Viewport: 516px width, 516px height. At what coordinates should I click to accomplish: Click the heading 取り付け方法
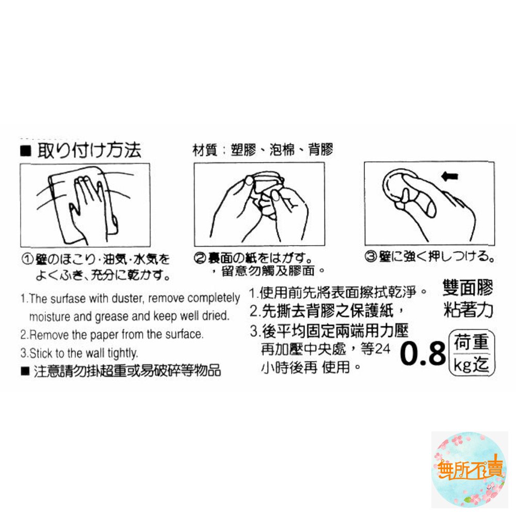tap(89, 151)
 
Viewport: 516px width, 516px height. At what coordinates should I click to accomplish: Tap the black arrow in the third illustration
tap(449, 176)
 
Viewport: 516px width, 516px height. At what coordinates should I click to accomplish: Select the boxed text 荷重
tap(472, 342)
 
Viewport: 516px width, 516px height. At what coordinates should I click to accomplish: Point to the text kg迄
tap(471, 364)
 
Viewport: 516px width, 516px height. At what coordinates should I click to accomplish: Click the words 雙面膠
tap(467, 288)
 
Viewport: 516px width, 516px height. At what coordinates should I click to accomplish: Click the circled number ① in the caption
tap(27, 260)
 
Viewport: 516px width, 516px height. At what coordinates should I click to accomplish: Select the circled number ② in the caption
tap(199, 259)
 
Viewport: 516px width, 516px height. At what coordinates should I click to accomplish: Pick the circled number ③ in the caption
tap(370, 256)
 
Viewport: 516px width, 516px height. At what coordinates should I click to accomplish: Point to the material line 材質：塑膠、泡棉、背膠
tap(263, 150)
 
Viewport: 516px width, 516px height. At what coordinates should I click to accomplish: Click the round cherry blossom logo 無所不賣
tap(470, 470)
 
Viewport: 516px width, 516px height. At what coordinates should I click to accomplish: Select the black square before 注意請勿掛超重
tap(25, 371)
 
